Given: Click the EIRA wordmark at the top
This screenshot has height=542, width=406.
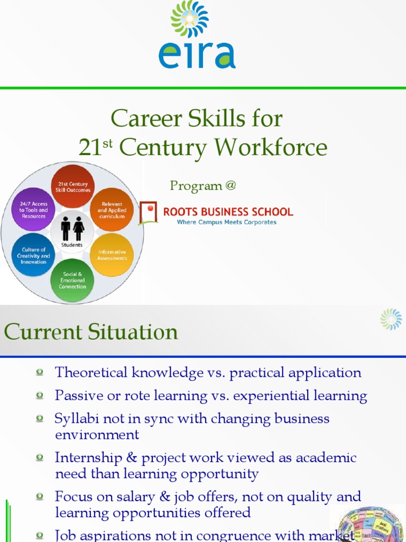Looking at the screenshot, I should click(x=197, y=54).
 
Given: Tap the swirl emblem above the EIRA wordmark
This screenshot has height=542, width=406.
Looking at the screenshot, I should click(x=189, y=19).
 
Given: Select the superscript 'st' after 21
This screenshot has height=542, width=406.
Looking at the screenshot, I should click(x=107, y=143).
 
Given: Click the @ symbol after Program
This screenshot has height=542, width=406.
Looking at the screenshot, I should click(x=230, y=186).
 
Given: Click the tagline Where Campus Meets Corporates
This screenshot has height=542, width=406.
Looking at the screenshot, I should click(x=227, y=222).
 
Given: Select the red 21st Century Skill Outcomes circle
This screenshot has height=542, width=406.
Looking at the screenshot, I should click(x=73, y=187).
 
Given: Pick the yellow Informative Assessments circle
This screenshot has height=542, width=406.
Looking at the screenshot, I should click(x=112, y=255).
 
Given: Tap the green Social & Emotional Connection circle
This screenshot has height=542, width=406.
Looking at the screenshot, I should click(x=72, y=280).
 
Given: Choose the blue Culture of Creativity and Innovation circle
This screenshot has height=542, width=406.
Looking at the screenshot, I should click(x=33, y=255).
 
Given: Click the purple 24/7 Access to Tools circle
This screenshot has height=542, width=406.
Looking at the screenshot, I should click(x=33, y=210).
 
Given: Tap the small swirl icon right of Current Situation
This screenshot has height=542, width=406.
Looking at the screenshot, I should click(x=391, y=319).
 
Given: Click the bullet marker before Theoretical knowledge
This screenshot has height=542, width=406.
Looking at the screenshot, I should click(x=40, y=373).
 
